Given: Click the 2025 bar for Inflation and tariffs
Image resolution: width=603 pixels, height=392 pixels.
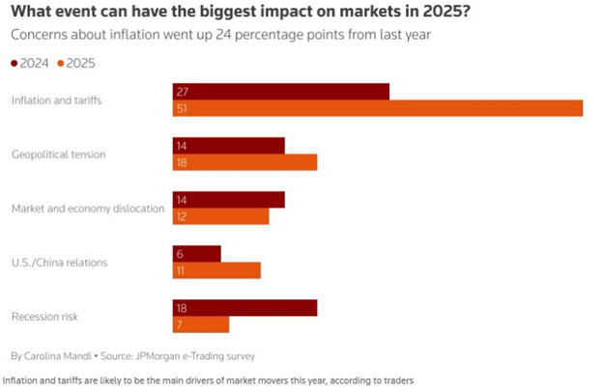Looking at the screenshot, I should (377, 108).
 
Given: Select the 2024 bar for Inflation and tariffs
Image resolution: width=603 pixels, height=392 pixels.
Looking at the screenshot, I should (280, 91).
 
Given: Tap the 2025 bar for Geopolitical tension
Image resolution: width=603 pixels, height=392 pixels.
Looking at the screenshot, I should (244, 162).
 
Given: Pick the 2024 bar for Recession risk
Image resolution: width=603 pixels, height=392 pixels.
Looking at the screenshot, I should (244, 307).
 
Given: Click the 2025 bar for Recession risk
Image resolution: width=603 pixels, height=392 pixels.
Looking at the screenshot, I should (201, 324).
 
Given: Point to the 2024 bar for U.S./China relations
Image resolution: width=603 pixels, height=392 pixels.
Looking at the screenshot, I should (197, 253).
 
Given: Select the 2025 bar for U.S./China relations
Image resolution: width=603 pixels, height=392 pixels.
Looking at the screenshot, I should (216, 270).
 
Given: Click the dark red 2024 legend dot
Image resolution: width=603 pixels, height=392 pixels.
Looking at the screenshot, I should (14, 63).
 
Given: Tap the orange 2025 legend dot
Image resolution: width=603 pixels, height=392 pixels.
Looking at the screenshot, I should (60, 63).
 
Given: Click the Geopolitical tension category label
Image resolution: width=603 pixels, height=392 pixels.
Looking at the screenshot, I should (58, 154).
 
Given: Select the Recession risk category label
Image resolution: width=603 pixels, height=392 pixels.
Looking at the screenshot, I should (44, 317).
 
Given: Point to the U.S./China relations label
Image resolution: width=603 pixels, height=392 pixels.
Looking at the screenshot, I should (59, 263).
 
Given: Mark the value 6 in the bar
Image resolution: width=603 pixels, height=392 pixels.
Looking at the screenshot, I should (181, 253).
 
